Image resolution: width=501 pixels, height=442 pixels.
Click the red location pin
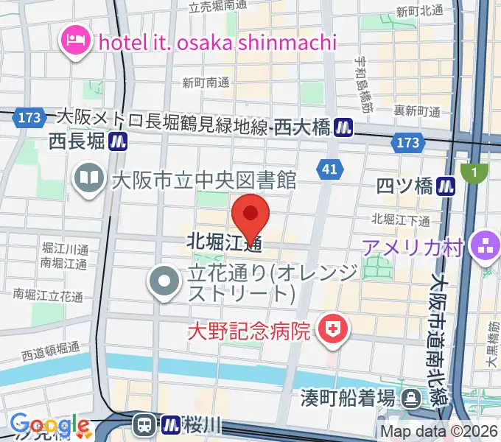251,214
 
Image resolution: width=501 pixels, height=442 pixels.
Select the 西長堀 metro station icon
118,141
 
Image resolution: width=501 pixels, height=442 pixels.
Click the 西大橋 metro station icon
343,127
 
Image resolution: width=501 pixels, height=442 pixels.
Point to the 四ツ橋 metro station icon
445,186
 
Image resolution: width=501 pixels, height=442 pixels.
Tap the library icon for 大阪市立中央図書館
88,179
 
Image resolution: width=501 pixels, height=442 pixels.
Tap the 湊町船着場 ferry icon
410,398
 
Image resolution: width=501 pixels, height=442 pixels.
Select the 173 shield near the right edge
407,143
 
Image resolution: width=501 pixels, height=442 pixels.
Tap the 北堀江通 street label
225,242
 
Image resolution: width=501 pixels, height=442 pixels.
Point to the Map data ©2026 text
439,432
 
